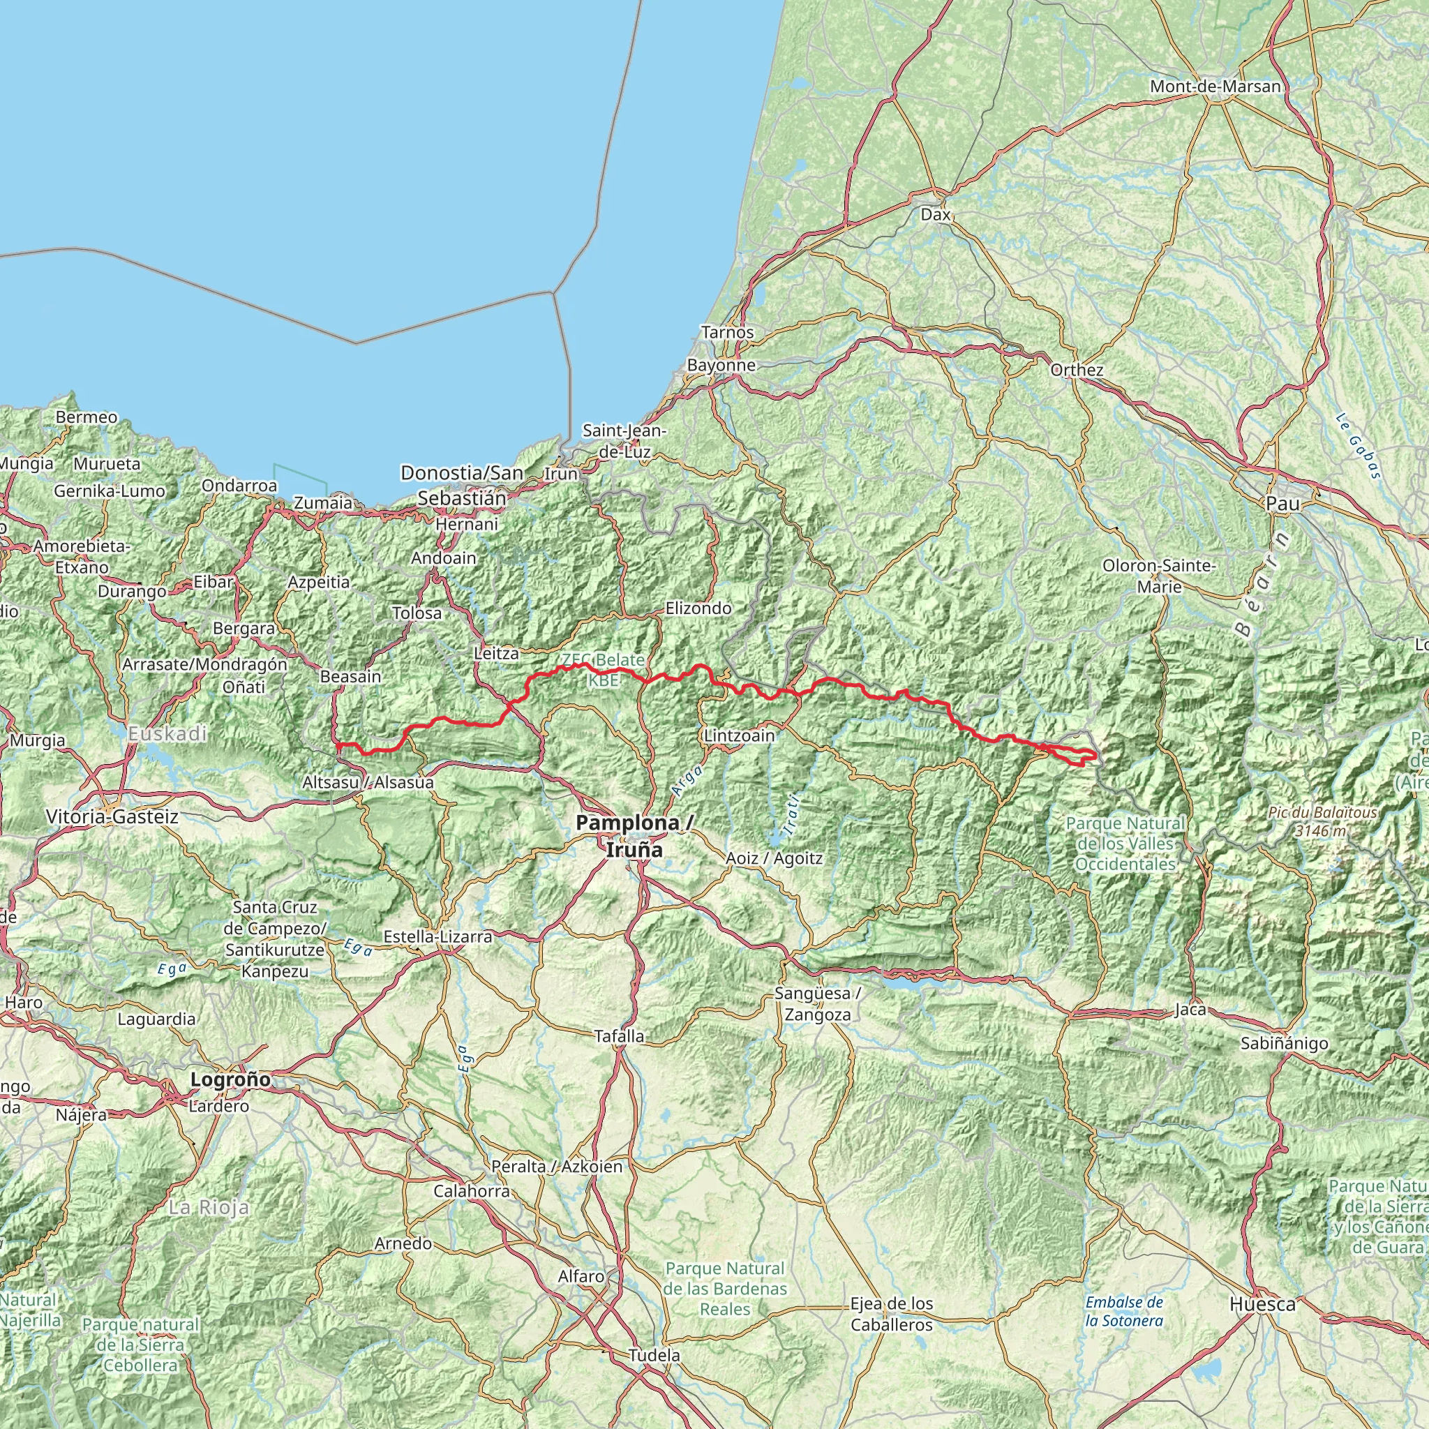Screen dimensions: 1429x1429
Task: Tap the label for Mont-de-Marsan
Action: coord(1215,87)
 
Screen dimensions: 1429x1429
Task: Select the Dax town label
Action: coord(936,214)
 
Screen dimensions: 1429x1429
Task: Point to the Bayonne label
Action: coord(721,365)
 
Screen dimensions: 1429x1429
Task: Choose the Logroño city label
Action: coord(230,1079)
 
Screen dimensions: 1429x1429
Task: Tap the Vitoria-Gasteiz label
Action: coord(112,816)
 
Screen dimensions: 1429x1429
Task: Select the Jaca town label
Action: coord(1190,1010)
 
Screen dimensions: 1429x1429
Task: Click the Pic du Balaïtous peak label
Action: coord(1322,821)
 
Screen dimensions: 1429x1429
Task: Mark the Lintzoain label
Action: coord(739,736)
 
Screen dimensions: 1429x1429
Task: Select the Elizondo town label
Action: coord(698,608)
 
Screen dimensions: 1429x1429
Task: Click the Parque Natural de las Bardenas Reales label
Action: coord(725,1289)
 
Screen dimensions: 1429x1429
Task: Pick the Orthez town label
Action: coord(1076,370)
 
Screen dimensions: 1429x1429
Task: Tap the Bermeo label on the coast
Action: coord(87,417)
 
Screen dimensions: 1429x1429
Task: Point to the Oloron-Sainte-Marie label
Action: coord(1158,576)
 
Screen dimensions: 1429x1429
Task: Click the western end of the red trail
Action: coord(338,745)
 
